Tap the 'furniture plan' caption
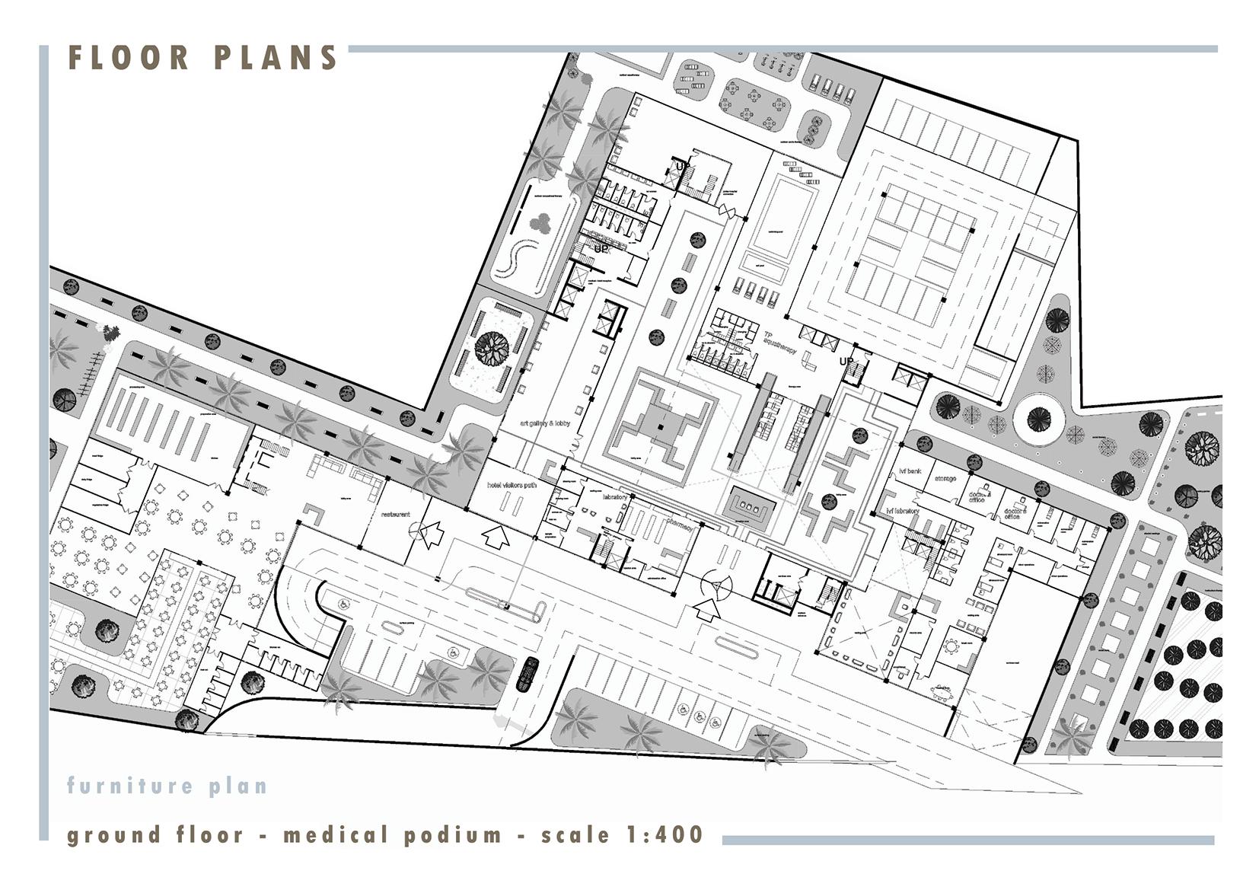[167, 785]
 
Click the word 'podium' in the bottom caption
[453, 835]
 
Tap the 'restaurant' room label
[395, 515]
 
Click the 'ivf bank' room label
[910, 472]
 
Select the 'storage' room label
[945, 479]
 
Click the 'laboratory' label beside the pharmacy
[614, 497]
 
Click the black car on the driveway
[528, 675]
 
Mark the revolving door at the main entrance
[716, 585]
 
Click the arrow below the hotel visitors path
[496, 537]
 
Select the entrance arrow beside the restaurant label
[431, 533]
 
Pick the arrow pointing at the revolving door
[709, 609]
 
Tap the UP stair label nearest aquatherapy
[846, 362]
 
